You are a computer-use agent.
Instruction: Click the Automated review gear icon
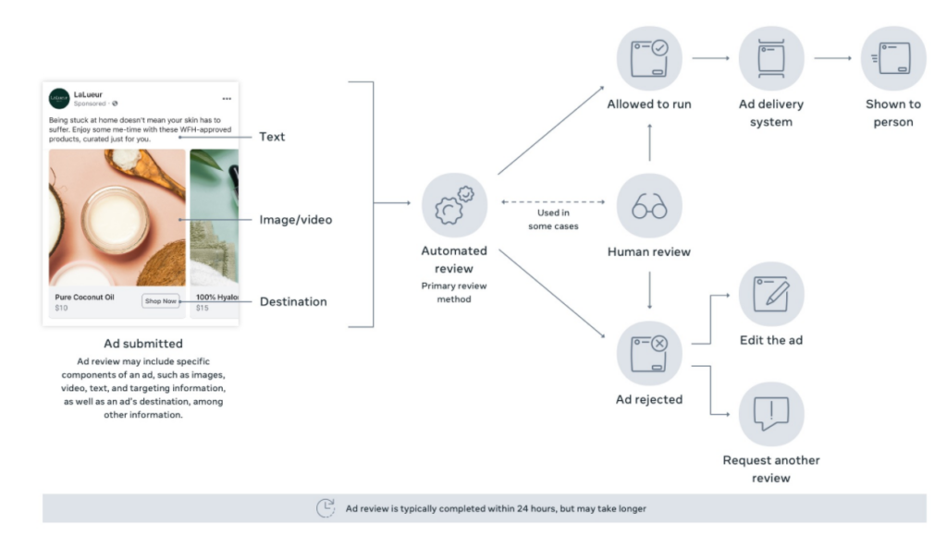454,205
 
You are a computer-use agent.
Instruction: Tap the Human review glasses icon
649,207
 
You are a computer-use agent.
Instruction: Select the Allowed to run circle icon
649,58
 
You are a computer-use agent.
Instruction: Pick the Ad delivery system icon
770,58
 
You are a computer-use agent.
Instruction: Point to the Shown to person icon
892,58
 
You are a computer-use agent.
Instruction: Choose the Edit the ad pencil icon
770,294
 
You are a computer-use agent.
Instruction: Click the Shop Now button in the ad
160,300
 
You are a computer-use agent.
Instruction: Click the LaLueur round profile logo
59,98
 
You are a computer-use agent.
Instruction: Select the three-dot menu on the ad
227,99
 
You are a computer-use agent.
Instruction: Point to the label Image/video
295,220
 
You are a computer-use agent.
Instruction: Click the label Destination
292,301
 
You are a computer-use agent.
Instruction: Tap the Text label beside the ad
272,137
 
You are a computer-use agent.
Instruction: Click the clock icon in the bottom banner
326,507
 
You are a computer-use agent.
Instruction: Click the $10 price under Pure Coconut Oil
61,308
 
